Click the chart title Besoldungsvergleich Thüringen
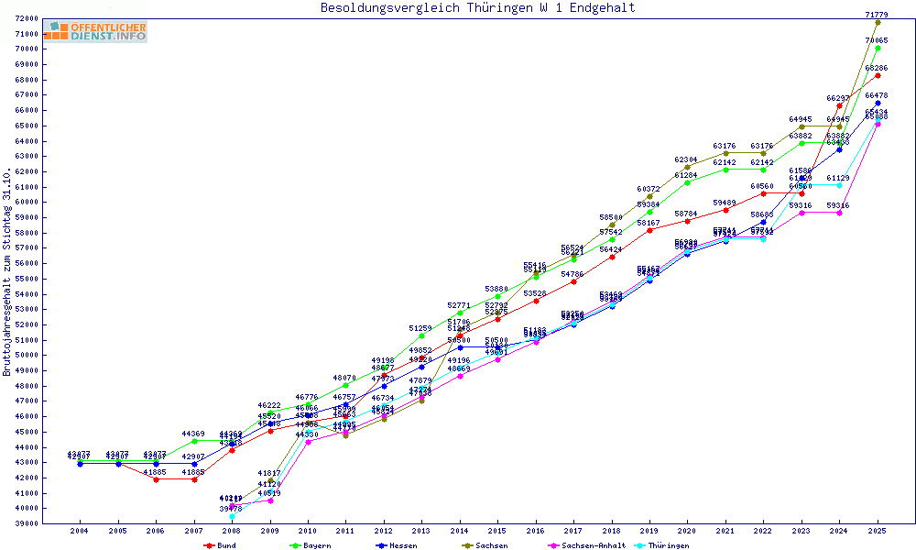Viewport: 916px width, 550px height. tap(477, 8)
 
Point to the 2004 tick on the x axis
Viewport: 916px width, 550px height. tap(80, 531)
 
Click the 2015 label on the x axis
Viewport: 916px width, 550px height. tap(497, 531)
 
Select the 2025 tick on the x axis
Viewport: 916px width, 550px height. tap(878, 531)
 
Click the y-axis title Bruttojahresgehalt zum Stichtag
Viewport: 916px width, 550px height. tap(7, 272)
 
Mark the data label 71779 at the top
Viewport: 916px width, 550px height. tap(877, 15)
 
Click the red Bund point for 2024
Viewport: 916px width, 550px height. tap(839, 106)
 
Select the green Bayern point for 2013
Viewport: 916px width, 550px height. tap(421, 335)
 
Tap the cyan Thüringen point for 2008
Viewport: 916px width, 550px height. tap(232, 516)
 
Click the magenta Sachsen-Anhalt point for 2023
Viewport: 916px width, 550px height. tap(801, 213)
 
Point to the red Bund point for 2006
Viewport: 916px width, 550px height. tap(156, 479)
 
